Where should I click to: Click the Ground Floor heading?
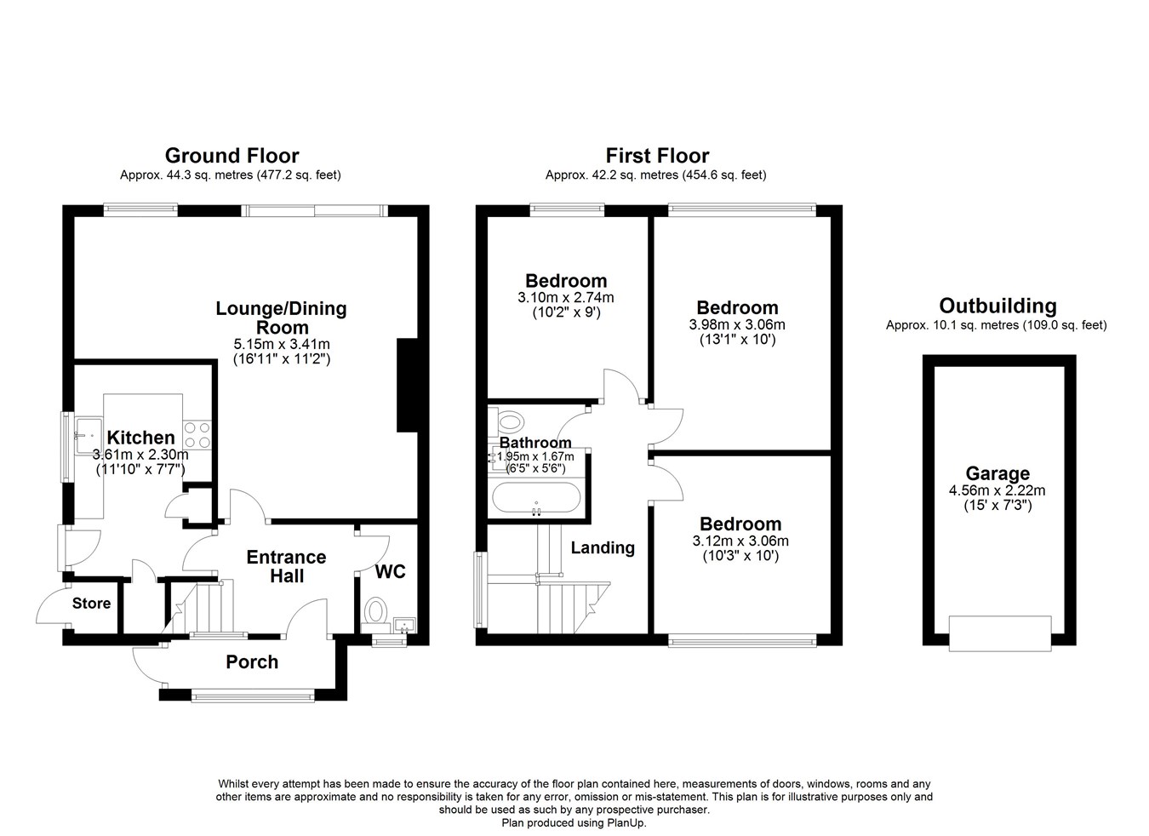tap(232, 156)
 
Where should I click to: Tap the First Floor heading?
tap(657, 156)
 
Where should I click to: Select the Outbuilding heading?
tap(998, 306)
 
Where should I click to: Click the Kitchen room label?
tap(141, 438)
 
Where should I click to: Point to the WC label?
tap(391, 572)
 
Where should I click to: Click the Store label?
tap(91, 603)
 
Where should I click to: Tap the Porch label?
tap(252, 662)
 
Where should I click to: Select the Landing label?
tap(603, 548)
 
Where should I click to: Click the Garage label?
tap(998, 473)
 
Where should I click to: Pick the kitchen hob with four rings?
tap(197, 435)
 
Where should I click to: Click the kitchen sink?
tap(89, 436)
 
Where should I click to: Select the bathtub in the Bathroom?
tap(536, 497)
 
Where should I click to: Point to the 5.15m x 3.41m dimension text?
tap(282, 344)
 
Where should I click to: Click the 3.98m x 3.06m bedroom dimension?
tap(737, 324)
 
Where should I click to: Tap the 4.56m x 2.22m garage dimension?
tap(998, 490)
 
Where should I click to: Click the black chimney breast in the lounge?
tap(408, 386)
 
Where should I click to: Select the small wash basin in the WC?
tap(405, 625)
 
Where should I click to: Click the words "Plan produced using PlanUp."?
tap(574, 823)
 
